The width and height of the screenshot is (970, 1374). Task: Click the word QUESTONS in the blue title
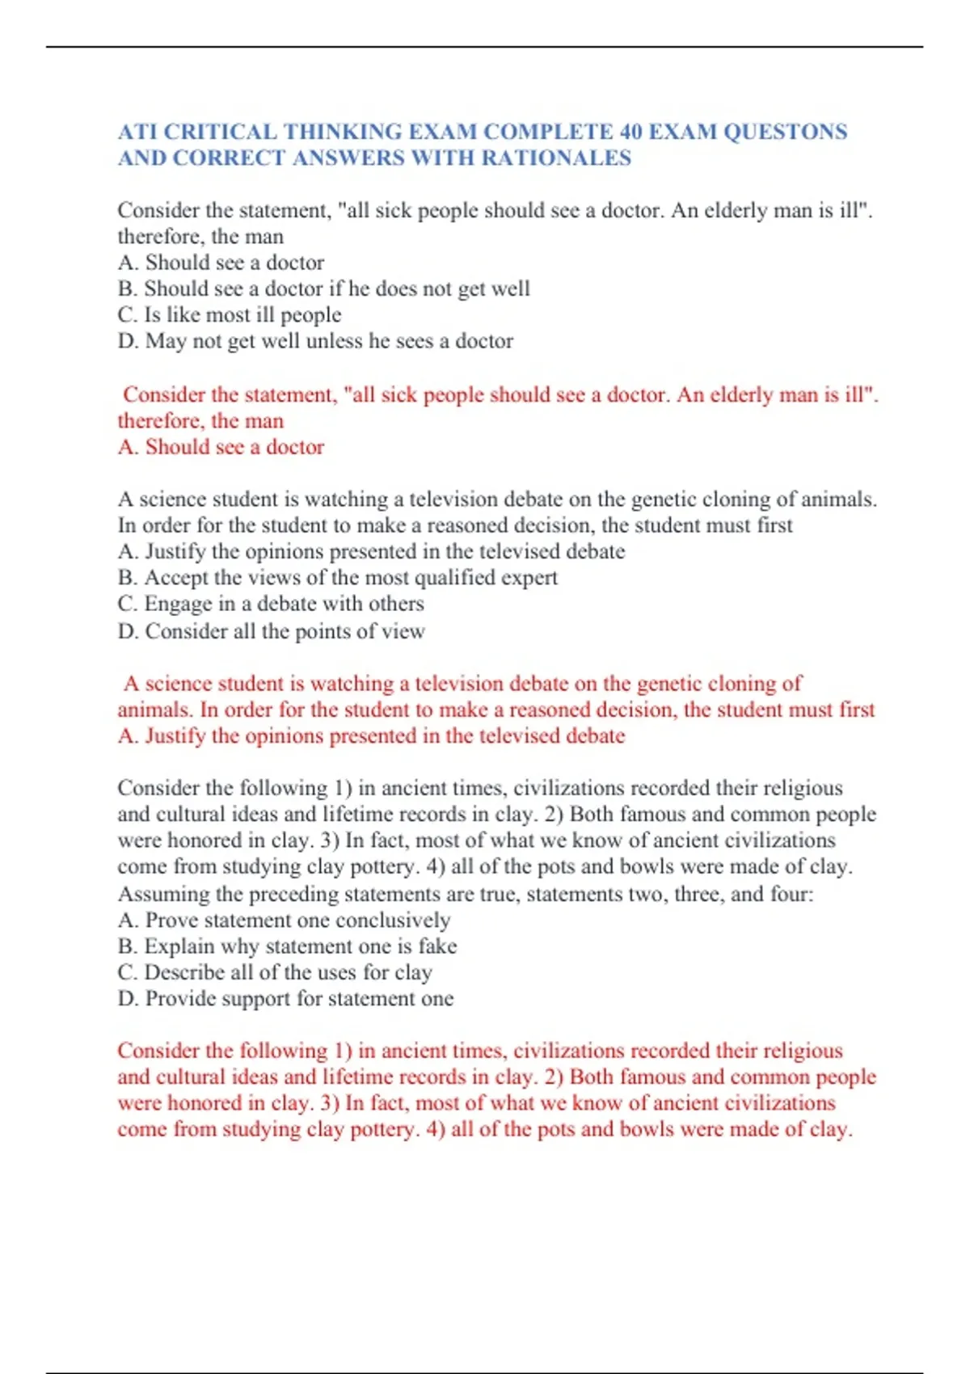pos(785,132)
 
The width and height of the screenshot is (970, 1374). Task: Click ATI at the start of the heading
pos(137,132)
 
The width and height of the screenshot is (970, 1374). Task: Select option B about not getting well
pos(323,289)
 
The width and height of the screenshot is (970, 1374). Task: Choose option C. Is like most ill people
pos(230,314)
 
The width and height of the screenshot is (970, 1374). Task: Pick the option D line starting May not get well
pos(315,341)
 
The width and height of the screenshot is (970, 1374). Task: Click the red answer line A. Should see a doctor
pos(221,447)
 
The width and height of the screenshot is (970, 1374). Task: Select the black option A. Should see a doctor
pos(221,263)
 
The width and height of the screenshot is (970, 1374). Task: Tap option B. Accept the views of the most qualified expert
pos(337,577)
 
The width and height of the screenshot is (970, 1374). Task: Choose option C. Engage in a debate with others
pos(271,604)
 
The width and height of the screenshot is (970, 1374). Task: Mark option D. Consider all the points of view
pos(271,631)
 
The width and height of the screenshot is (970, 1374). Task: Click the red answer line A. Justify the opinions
pos(371,736)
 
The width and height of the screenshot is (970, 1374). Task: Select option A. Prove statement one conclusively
pos(284,921)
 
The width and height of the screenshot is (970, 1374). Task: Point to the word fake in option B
pos(437,946)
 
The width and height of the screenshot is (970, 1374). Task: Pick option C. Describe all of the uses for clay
pos(275,972)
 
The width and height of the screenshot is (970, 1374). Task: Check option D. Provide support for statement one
pos(285,999)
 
